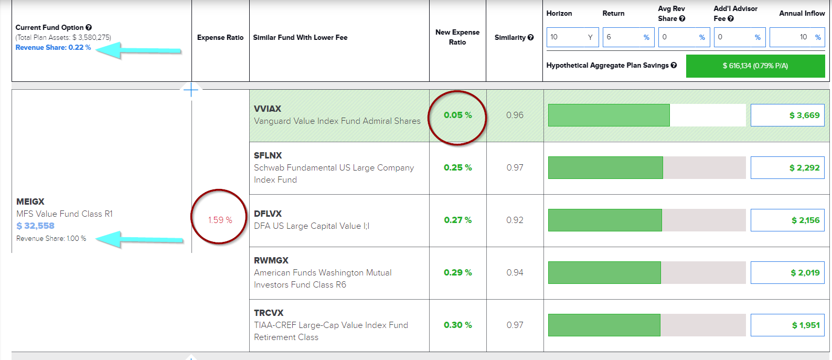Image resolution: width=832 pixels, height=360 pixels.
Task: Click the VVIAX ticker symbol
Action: (268, 109)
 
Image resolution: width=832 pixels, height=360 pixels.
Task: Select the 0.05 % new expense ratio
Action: (457, 115)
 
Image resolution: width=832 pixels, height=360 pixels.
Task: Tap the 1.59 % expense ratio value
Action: (220, 220)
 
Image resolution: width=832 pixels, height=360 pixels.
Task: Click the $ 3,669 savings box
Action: (787, 115)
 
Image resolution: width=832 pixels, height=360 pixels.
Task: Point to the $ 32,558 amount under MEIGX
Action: (35, 226)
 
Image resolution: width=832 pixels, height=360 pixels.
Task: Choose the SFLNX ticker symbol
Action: (268, 155)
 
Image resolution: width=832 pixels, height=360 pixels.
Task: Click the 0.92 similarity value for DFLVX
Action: (515, 220)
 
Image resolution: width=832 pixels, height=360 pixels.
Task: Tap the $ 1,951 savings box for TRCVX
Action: (787, 325)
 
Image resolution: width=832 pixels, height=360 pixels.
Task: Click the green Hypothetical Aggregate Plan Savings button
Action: (755, 66)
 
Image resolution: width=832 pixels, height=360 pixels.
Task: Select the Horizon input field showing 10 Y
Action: (572, 37)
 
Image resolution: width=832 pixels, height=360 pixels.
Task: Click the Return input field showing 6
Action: (628, 37)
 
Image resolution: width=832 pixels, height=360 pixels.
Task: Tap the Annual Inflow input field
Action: (796, 37)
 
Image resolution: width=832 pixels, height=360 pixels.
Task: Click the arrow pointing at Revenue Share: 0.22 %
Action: (139, 50)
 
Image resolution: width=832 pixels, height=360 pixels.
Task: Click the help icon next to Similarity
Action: (531, 37)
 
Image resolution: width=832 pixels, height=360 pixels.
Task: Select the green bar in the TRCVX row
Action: (604, 325)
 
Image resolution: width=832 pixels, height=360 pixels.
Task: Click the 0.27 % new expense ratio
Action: (457, 220)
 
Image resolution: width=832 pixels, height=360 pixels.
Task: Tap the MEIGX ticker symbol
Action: (30, 202)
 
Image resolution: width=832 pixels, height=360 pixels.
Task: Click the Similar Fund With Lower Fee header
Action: (300, 37)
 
